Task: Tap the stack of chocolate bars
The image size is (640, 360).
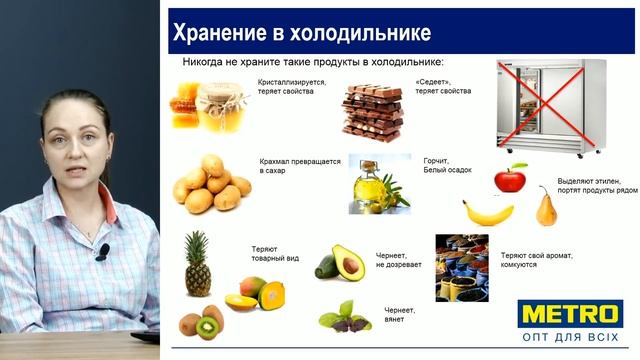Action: click(372, 110)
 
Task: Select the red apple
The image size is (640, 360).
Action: click(510, 179)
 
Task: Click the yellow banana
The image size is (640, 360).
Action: click(487, 213)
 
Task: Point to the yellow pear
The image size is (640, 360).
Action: click(546, 209)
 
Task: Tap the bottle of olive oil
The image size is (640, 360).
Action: click(365, 187)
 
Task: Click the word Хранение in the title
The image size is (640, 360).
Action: click(219, 33)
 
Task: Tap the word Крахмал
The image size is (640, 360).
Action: click(278, 161)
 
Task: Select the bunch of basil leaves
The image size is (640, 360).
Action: click(344, 317)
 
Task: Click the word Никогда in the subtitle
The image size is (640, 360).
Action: click(204, 61)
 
